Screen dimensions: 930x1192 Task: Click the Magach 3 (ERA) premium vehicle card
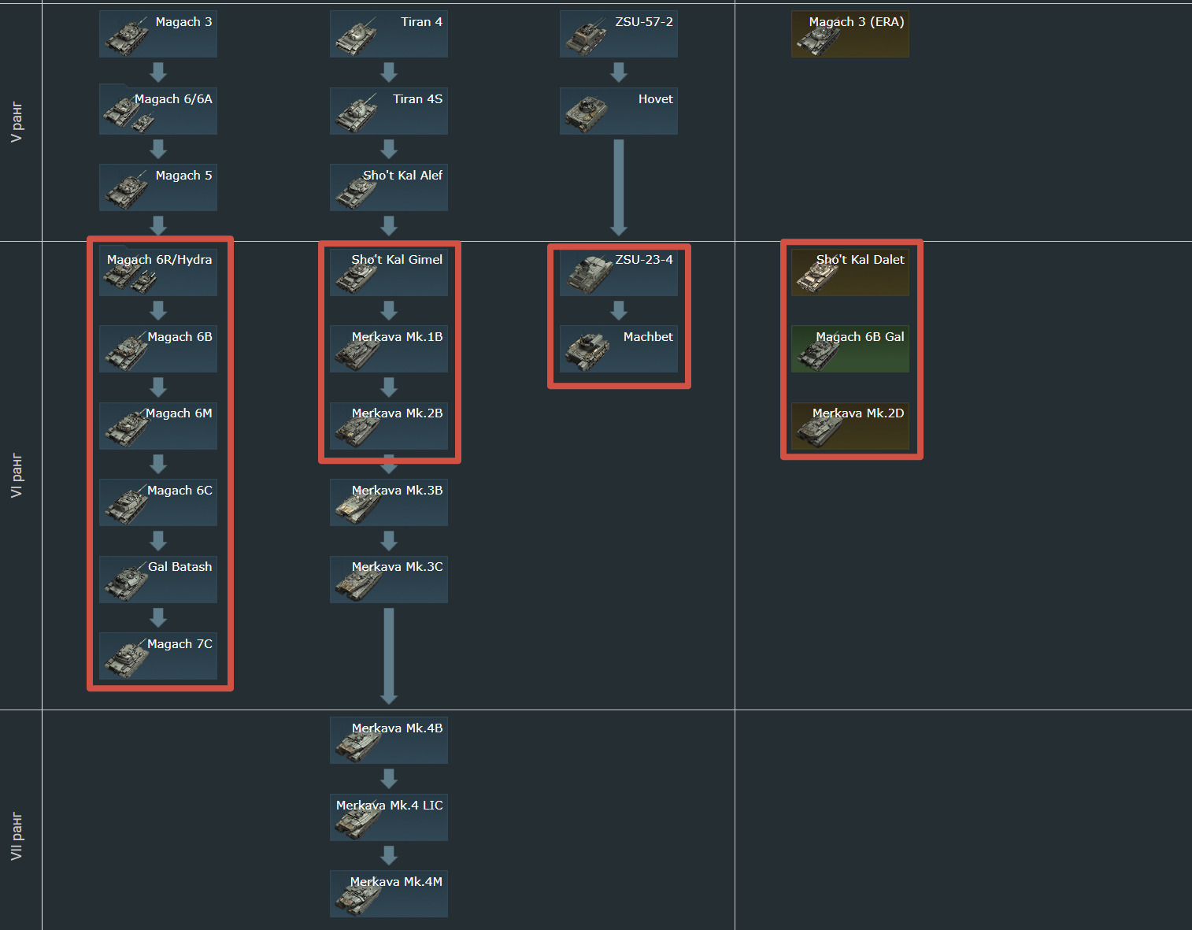tap(850, 34)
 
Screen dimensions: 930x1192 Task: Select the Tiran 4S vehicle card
tap(388, 111)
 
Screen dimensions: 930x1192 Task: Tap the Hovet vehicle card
tap(618, 111)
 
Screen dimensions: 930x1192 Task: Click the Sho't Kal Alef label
tap(402, 176)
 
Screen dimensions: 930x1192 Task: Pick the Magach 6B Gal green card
tap(850, 349)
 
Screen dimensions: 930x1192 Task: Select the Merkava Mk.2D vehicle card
tap(850, 426)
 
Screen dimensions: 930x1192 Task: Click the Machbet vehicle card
tap(618, 349)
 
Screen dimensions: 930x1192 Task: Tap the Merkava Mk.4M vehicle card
tap(388, 894)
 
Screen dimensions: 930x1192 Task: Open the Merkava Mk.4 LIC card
tap(388, 817)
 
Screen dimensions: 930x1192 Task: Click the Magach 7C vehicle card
tap(157, 656)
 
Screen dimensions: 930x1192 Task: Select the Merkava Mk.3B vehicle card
tap(388, 502)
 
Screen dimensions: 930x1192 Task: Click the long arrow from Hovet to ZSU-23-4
tap(619, 187)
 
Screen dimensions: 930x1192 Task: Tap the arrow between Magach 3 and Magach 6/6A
tap(158, 72)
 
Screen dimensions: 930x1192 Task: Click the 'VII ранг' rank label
tap(17, 836)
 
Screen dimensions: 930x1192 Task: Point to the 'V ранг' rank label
tap(17, 122)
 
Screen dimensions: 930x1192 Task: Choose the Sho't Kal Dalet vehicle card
tap(850, 272)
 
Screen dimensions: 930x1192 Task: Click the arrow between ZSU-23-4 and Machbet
tap(619, 310)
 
